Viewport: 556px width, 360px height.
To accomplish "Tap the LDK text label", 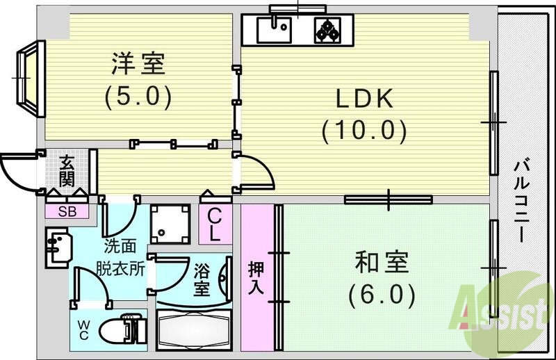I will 366,99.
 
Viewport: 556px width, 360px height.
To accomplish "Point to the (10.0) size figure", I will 363,129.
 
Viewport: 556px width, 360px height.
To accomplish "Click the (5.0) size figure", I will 138,96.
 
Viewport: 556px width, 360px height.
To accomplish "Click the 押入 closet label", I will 256,277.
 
